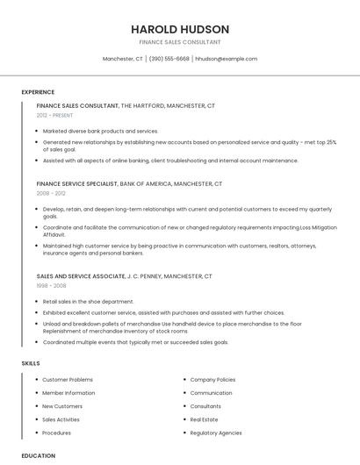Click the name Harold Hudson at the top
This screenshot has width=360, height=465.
click(180, 29)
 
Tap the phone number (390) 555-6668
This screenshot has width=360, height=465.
click(169, 59)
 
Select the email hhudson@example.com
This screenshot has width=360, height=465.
click(226, 59)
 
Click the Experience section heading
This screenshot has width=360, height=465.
click(38, 92)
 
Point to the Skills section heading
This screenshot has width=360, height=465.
click(31, 363)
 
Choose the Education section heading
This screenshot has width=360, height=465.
click(39, 456)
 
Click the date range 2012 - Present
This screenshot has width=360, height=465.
click(54, 115)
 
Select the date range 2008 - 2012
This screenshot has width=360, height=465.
click(51, 193)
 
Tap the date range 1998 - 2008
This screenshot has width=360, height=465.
click(51, 285)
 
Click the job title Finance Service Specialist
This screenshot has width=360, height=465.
click(76, 184)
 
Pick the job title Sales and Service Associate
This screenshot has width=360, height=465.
click(80, 276)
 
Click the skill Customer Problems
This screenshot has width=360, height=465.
click(68, 380)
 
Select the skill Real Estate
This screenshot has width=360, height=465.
click(205, 419)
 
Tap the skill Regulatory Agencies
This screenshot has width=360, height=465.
click(216, 433)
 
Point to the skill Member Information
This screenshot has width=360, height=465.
click(68, 393)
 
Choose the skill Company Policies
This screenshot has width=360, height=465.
click(212, 380)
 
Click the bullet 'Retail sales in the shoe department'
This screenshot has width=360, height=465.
click(88, 301)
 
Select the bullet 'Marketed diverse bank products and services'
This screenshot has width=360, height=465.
click(100, 131)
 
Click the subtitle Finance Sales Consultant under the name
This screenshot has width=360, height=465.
click(180, 42)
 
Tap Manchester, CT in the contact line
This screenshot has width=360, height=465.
click(123, 59)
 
